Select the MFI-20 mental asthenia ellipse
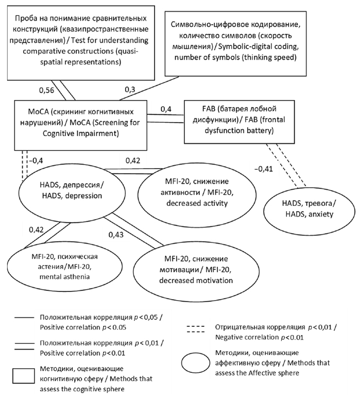(51, 266)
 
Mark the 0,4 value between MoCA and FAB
(166, 109)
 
